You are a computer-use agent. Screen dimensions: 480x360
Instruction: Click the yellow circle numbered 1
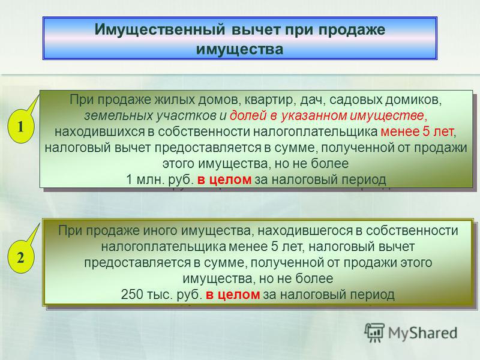point(20,127)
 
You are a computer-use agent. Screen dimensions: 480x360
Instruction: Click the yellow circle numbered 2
point(20,258)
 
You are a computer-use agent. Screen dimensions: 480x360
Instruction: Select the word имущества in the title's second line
point(239,49)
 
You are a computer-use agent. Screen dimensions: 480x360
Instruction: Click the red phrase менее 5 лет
point(417,131)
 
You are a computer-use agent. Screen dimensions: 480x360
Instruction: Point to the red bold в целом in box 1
point(224,179)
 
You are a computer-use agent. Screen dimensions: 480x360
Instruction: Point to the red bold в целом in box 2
point(233,295)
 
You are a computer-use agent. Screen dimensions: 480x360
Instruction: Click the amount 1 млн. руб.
point(160,179)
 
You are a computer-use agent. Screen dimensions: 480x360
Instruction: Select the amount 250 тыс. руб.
point(161,295)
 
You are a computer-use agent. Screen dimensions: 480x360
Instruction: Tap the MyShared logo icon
point(374,332)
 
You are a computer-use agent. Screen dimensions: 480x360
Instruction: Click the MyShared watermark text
point(423,333)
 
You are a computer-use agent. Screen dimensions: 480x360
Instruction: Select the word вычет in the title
point(256,29)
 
